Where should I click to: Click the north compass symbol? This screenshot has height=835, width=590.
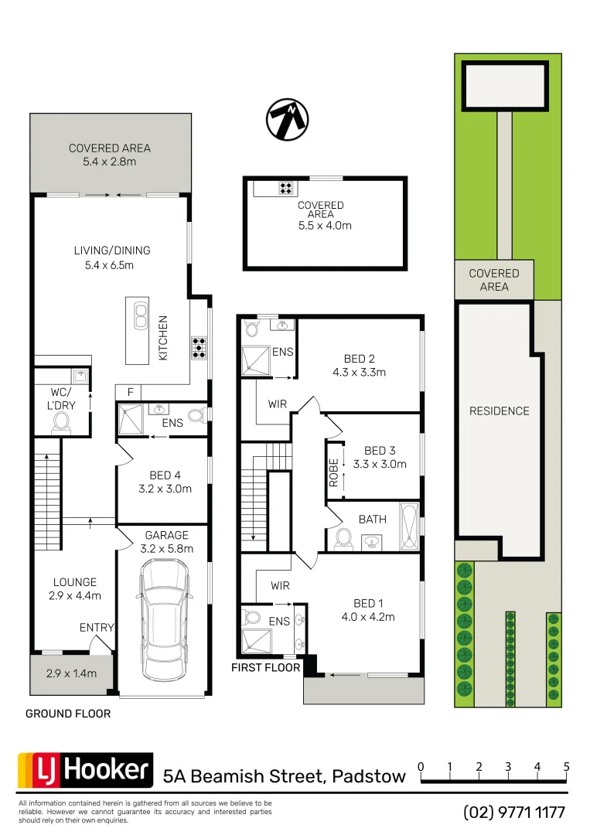(x=288, y=120)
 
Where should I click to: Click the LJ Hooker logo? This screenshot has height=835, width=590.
(x=85, y=770)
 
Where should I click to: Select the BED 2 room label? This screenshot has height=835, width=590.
(x=359, y=359)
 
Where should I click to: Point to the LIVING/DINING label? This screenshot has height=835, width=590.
(x=112, y=250)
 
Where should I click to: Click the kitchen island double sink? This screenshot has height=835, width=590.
(x=141, y=316)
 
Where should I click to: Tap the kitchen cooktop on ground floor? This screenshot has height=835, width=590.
(x=200, y=347)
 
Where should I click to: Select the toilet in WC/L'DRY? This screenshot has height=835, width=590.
(x=60, y=421)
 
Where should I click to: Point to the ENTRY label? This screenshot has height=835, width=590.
(x=97, y=628)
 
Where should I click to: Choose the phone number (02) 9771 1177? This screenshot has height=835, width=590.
(x=514, y=813)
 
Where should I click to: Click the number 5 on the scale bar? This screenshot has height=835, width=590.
(x=566, y=767)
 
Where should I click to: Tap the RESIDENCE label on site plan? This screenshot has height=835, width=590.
(x=500, y=411)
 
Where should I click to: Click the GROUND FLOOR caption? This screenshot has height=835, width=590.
(x=68, y=714)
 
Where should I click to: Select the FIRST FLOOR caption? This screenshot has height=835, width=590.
(x=265, y=667)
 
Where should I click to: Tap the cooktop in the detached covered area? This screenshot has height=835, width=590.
(x=286, y=186)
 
